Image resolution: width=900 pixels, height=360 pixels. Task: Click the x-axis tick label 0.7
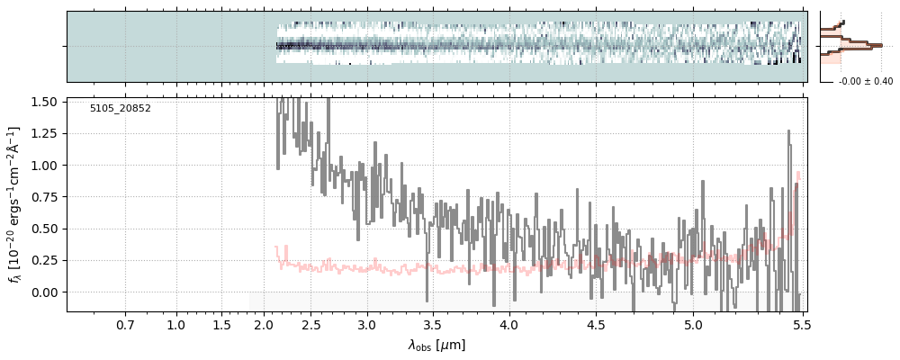click(125, 325)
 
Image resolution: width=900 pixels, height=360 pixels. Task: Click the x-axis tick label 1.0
click(176, 325)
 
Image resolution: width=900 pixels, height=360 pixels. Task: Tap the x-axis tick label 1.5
click(222, 325)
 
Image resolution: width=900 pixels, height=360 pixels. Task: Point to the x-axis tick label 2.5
click(311, 325)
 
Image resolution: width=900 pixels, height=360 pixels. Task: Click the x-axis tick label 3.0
click(366, 325)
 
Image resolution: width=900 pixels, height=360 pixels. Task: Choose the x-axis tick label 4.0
click(508, 325)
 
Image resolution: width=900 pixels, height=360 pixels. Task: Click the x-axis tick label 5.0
click(693, 325)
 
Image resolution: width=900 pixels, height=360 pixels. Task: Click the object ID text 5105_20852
click(120, 109)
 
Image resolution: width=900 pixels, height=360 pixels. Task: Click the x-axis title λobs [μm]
click(436, 345)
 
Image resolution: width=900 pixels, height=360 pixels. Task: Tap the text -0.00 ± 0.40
click(865, 82)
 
